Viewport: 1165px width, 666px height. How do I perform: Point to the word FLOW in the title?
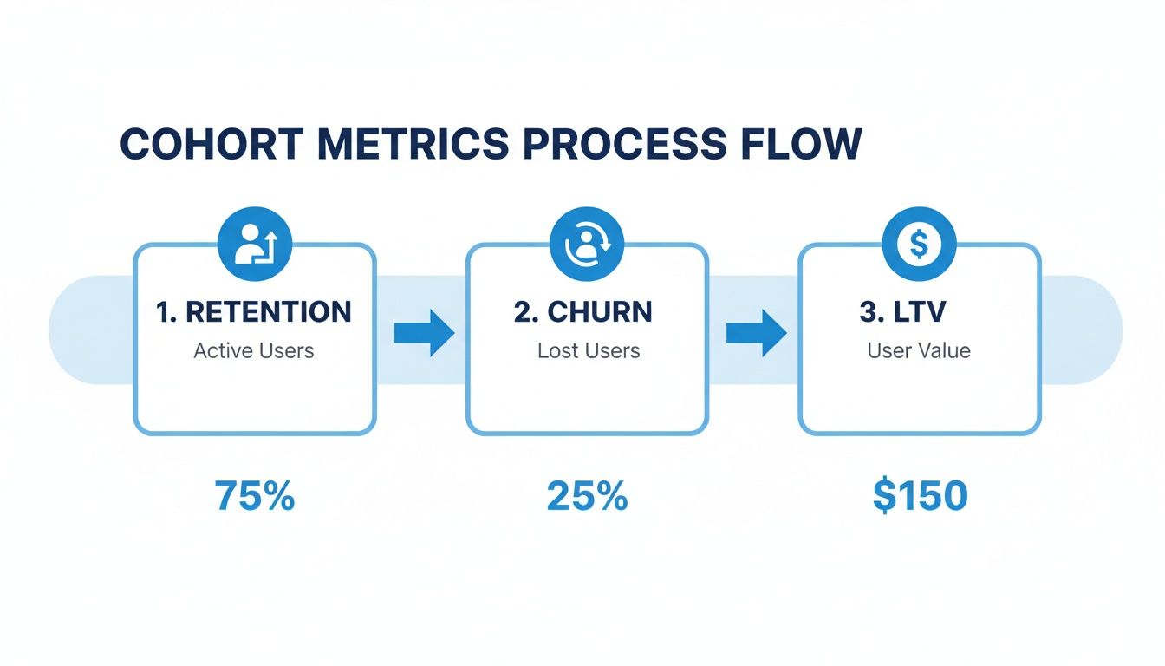798,144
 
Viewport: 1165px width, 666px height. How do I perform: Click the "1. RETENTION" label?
254,312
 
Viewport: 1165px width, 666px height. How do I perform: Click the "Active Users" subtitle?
254,351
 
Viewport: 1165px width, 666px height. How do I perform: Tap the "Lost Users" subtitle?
588,351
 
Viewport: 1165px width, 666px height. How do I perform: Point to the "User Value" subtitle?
919,351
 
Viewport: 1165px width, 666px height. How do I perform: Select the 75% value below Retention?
255,496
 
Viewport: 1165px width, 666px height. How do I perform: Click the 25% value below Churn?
587,496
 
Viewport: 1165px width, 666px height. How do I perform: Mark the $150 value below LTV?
920,496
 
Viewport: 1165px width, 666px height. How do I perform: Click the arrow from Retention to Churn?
424,333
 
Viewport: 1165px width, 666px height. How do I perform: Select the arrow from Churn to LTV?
755,333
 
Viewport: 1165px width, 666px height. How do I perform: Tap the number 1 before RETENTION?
163,312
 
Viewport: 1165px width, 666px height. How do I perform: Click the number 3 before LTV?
867,312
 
